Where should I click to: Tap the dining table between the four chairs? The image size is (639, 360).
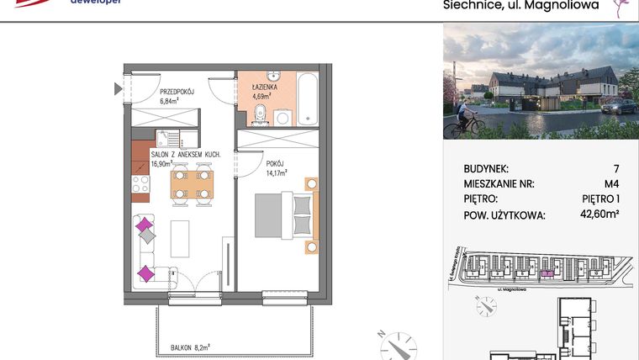click(x=191, y=183)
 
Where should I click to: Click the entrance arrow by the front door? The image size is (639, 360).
click(x=118, y=87)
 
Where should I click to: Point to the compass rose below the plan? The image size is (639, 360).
click(x=394, y=344)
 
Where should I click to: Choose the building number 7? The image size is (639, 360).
click(x=616, y=169)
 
